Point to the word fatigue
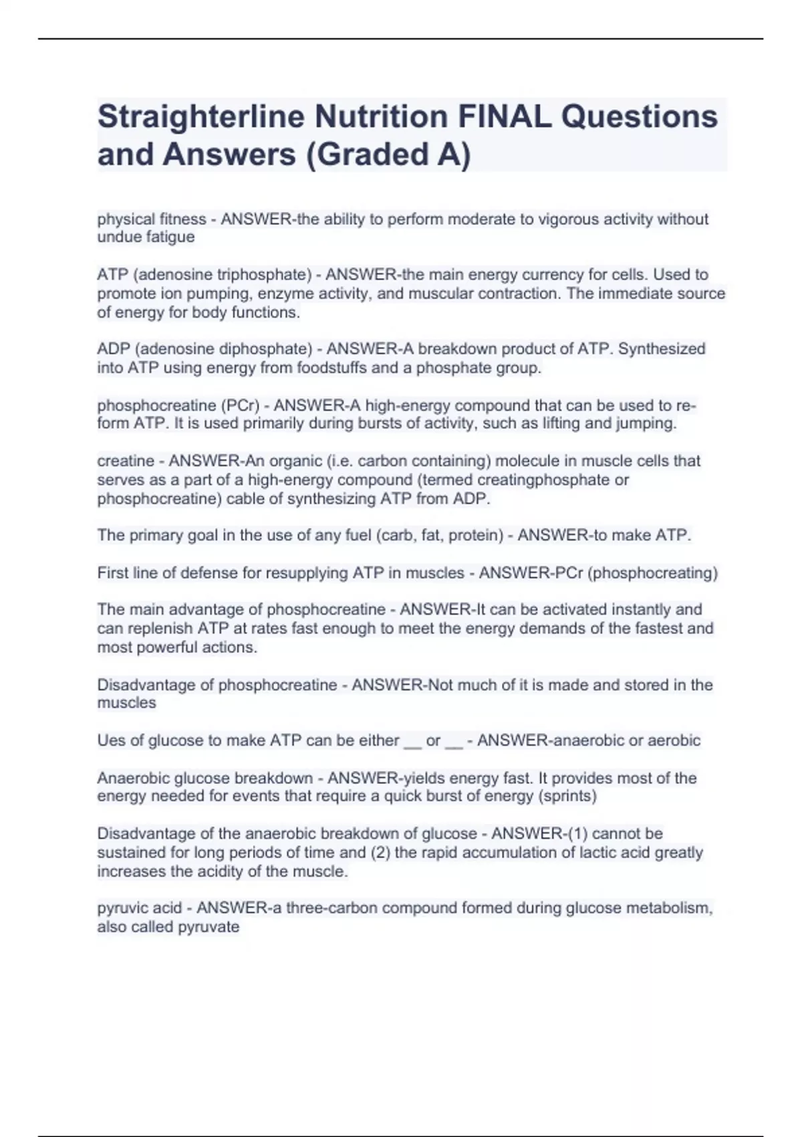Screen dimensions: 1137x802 tap(170, 237)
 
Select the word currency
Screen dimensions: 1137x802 tap(575, 274)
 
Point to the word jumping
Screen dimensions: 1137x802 tap(647, 423)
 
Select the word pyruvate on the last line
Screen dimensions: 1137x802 tap(207, 926)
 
